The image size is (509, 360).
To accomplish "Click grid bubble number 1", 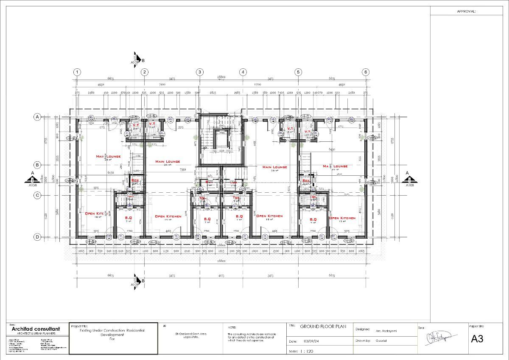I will (x=77, y=72).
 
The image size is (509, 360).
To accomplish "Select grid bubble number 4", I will (x=243, y=72).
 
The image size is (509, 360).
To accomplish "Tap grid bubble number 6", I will (x=366, y=72).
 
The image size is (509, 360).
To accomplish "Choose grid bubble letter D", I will (x=37, y=237).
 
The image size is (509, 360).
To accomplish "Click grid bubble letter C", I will (x=37, y=195).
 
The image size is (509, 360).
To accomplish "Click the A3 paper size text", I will (x=477, y=339).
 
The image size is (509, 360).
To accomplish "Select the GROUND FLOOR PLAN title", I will (x=323, y=327).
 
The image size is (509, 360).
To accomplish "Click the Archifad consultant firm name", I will (x=36, y=329).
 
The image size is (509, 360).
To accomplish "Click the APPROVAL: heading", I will (x=466, y=12).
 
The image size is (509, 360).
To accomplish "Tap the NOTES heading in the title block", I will (x=232, y=328).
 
